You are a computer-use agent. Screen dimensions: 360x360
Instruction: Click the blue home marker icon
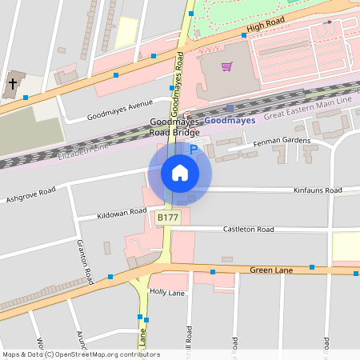[x=179, y=172]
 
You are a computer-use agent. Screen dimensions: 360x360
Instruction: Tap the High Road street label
[x=266, y=27]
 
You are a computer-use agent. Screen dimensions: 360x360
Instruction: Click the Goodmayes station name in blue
[x=230, y=120]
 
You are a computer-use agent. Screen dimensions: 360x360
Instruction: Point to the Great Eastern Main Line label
[x=308, y=110]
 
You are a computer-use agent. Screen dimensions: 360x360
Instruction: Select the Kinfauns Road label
[x=318, y=190]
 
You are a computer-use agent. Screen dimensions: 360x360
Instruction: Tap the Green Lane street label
[x=273, y=270]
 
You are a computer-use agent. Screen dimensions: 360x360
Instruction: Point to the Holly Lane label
[x=167, y=293]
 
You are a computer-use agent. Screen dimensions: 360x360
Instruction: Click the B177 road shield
[x=167, y=218]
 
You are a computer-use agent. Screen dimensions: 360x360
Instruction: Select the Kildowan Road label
[x=122, y=214]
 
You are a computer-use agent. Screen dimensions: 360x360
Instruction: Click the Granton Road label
[x=85, y=260]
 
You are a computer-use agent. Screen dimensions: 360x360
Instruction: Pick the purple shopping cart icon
[x=227, y=66]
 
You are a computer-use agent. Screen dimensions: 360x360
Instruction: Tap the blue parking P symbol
[x=193, y=150]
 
